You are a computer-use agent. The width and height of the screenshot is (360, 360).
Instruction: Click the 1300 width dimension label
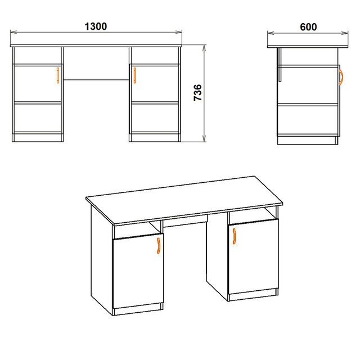(x=96, y=26)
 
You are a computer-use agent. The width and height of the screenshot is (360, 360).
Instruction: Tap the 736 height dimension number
(x=197, y=92)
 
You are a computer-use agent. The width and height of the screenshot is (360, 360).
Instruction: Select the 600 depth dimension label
(x=308, y=27)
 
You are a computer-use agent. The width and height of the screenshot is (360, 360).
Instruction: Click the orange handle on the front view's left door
(x=58, y=75)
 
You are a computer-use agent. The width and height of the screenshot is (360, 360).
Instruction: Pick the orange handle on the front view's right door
(x=135, y=75)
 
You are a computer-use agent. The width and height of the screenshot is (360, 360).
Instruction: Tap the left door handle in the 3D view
(x=159, y=245)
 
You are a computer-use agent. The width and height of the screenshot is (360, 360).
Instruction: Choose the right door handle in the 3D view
(x=234, y=236)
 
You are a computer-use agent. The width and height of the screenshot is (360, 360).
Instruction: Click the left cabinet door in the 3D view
(x=138, y=271)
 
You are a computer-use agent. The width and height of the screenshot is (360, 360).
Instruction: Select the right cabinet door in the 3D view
(x=254, y=256)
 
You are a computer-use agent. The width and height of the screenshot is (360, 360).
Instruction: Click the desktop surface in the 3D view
(x=184, y=199)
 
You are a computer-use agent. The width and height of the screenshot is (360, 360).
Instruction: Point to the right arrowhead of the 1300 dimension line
(x=179, y=32)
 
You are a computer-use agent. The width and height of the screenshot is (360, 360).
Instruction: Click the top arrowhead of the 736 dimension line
(x=204, y=48)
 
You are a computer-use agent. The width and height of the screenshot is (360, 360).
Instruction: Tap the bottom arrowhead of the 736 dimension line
(x=204, y=139)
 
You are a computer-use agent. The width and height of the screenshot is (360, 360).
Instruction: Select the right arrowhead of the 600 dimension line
(x=345, y=33)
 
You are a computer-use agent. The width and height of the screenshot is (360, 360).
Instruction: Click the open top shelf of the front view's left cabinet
(x=38, y=56)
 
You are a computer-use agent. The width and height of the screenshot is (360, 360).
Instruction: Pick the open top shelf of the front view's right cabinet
(x=155, y=56)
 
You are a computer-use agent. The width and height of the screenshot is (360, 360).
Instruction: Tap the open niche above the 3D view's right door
(x=253, y=215)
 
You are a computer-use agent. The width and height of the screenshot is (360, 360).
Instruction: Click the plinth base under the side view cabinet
(x=308, y=141)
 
